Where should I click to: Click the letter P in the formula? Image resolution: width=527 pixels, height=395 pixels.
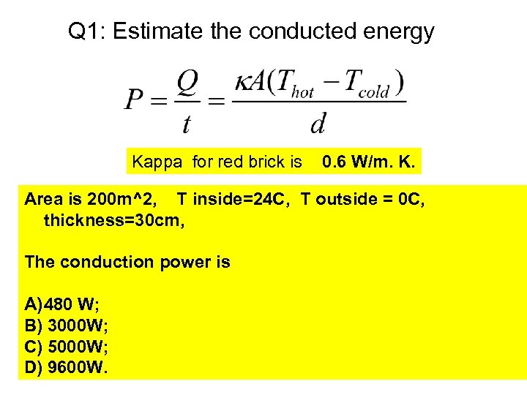[x=133, y=98]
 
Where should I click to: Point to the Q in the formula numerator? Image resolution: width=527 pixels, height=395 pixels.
[x=187, y=83]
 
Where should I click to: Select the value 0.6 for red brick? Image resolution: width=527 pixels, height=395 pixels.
[x=334, y=162]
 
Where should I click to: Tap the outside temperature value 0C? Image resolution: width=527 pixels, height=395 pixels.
[x=411, y=198]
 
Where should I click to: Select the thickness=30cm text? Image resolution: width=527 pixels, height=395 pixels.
[x=114, y=219]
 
